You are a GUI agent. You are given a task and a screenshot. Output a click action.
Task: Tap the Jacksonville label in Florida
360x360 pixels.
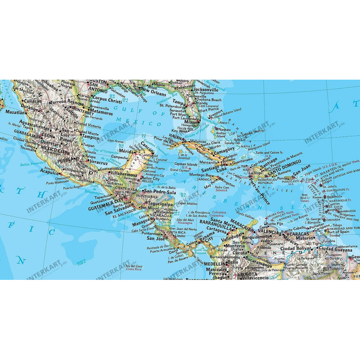point(204,90)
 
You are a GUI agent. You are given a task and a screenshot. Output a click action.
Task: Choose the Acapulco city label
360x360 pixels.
point(50,172)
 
